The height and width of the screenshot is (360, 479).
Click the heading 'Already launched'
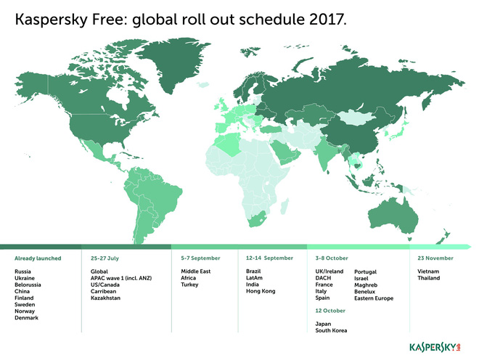38,258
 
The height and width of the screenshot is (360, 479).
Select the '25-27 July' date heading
105,258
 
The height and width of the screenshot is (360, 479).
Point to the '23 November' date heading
435,258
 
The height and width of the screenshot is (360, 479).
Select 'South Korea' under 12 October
331,330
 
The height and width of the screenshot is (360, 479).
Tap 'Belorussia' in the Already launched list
30,285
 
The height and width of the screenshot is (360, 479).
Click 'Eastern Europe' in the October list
374,298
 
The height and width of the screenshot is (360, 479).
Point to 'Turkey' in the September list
189,285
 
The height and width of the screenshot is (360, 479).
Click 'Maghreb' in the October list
366,285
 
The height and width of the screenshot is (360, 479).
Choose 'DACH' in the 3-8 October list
323,278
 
